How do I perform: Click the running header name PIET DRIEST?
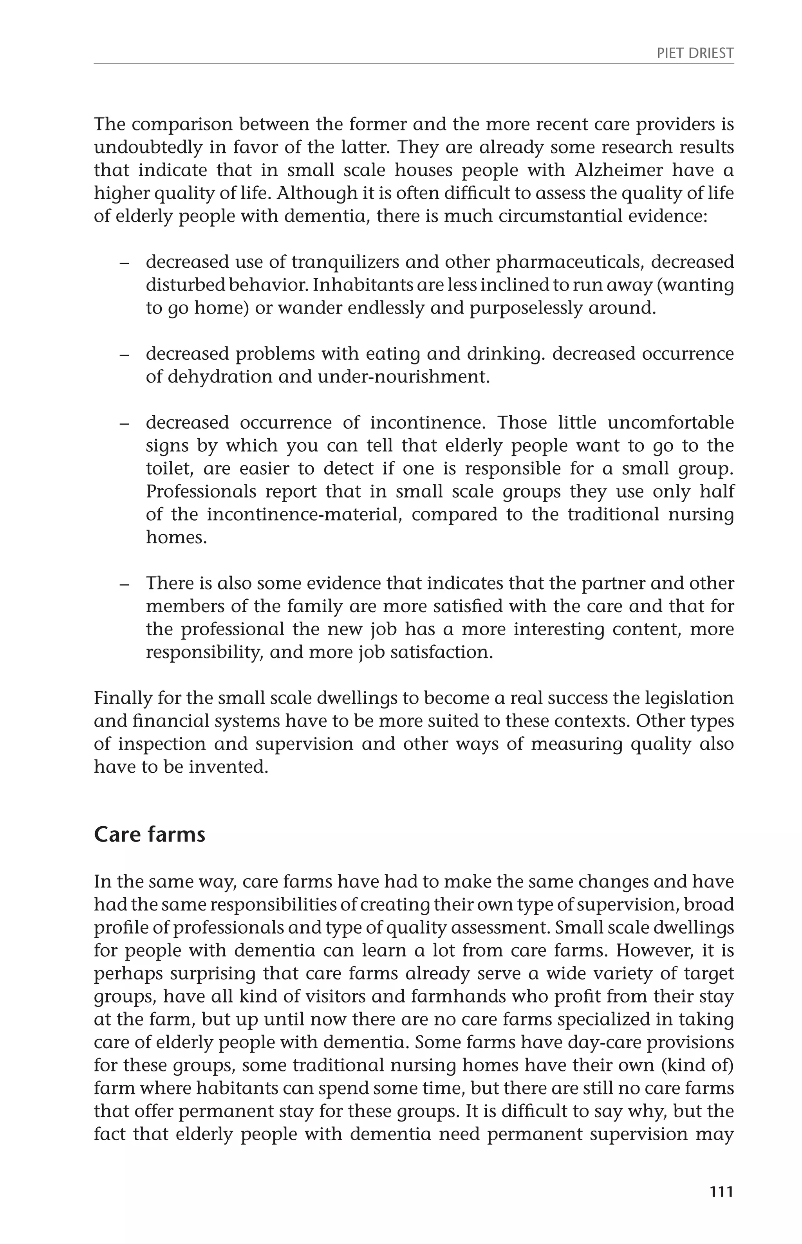(695, 53)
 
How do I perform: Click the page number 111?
(721, 1192)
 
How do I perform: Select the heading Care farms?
(150, 835)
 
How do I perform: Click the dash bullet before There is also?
(124, 584)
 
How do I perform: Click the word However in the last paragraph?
(654, 950)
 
